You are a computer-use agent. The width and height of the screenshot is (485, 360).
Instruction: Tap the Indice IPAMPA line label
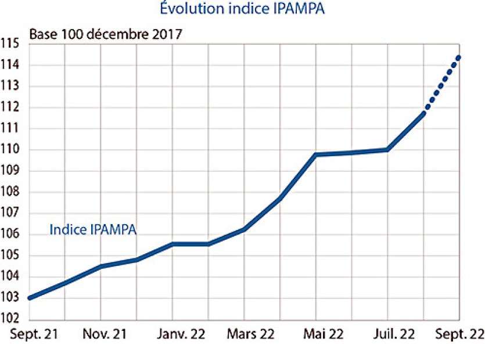point(93,230)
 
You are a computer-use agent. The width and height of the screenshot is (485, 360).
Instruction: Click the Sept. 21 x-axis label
point(29,334)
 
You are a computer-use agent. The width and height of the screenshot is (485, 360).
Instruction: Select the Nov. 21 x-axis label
point(101,334)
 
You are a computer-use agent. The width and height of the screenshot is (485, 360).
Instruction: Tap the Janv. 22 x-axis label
point(173,334)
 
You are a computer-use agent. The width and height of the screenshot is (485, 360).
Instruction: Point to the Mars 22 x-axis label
point(245,334)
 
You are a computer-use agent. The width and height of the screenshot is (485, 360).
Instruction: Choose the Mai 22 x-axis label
point(316,334)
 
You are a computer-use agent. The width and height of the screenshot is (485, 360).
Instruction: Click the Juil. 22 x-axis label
point(387,334)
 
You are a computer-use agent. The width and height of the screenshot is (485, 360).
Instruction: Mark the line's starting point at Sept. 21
point(30,298)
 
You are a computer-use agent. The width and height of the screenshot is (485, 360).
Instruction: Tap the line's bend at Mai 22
point(316,154)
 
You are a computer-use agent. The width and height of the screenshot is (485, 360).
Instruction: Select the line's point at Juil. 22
point(387,149)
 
